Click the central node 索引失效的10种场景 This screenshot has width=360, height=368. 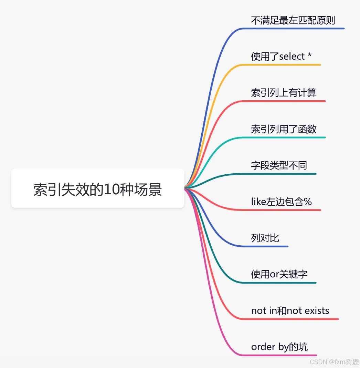[x=98, y=188]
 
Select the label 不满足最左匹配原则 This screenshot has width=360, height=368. [x=293, y=20]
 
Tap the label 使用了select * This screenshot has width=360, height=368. [x=281, y=57]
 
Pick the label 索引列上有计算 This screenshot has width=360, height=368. [x=284, y=93]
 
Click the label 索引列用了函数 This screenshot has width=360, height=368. [x=284, y=129]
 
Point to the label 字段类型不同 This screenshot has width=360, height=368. [x=279, y=165]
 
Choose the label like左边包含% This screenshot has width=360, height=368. [x=281, y=202]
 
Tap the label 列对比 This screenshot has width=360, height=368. [x=265, y=238]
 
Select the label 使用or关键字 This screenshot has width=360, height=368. [x=279, y=275]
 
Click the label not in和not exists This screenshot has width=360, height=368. [x=290, y=311]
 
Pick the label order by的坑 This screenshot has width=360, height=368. [x=279, y=347]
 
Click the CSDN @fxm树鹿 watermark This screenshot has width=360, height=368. [x=334, y=362]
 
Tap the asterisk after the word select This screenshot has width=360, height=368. [x=309, y=55]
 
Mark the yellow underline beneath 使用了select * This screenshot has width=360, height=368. [x=282, y=65]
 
